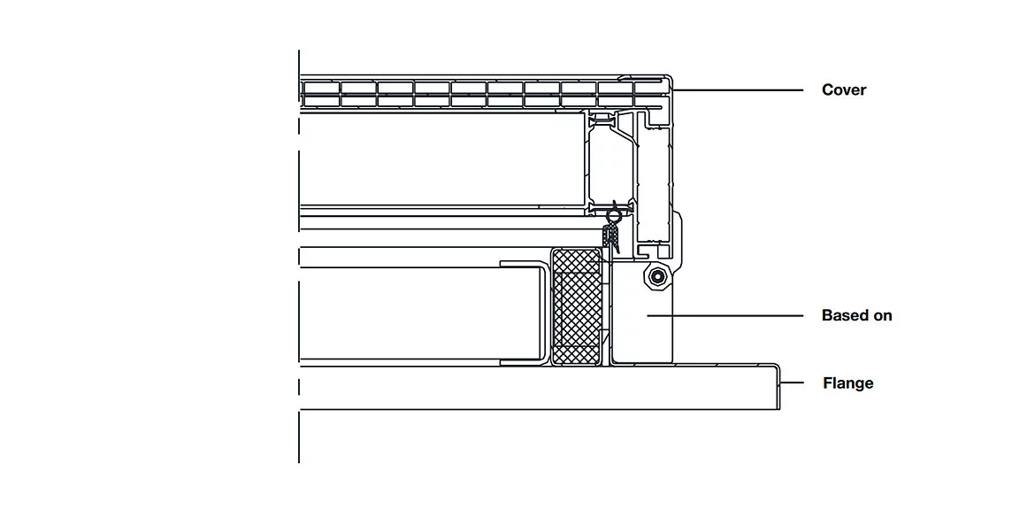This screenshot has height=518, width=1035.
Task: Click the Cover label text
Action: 844,89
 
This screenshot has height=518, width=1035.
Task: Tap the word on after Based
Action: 883,316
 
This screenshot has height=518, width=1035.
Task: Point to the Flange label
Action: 848,383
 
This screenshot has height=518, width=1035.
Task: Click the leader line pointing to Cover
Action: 738,89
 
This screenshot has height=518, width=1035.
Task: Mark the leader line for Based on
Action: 724,316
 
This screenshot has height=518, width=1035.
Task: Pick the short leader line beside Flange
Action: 792,383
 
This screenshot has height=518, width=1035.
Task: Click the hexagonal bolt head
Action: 656,278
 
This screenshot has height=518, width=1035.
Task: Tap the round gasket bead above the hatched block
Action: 614,215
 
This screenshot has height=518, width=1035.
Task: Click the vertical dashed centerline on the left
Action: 299,257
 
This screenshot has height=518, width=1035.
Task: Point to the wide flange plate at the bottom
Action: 540,387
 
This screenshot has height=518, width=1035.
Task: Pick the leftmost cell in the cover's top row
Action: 320,87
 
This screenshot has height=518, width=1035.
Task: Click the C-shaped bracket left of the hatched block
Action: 524,313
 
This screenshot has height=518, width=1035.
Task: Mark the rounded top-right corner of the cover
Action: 670,79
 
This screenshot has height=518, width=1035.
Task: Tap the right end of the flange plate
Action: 779,387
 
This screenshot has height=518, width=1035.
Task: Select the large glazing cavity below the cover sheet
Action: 441,159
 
